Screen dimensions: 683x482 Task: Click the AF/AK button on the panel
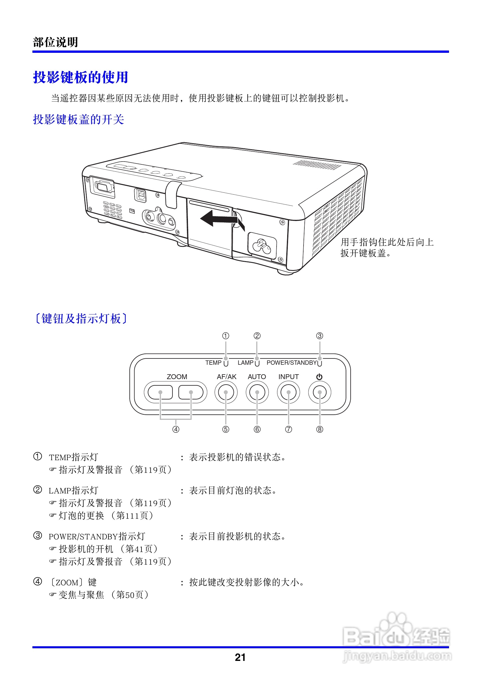point(226,392)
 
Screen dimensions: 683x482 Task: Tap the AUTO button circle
point(257,392)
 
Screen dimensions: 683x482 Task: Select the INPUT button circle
point(288,392)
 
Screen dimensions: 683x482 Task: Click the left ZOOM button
point(160,392)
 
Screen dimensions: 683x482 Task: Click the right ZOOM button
point(191,392)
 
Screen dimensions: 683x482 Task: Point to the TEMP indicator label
point(213,363)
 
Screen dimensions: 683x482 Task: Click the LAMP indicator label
point(245,363)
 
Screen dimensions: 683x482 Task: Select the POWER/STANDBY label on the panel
point(291,363)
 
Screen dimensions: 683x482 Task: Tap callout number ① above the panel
point(226,336)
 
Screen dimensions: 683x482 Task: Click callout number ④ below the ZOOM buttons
point(176,429)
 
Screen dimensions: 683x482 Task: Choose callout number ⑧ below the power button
point(320,429)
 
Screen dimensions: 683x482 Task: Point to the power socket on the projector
point(262,246)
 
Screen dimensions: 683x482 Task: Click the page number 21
point(240,657)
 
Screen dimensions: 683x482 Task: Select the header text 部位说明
point(55,42)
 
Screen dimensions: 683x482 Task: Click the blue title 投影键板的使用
point(80,77)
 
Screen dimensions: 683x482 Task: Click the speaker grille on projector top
point(317,165)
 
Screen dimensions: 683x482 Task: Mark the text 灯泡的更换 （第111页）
point(106,515)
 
